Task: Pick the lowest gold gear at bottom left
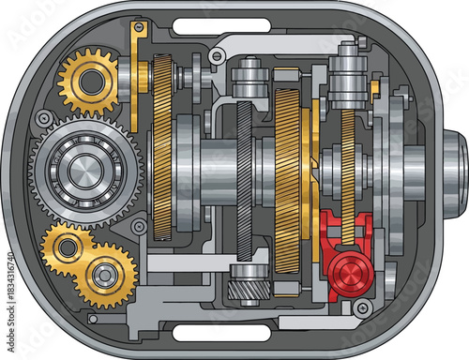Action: pyautogui.click(x=106, y=277)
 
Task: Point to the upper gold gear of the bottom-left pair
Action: pyautogui.click(x=70, y=247)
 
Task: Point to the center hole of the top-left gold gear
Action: pyautogui.click(x=90, y=82)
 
